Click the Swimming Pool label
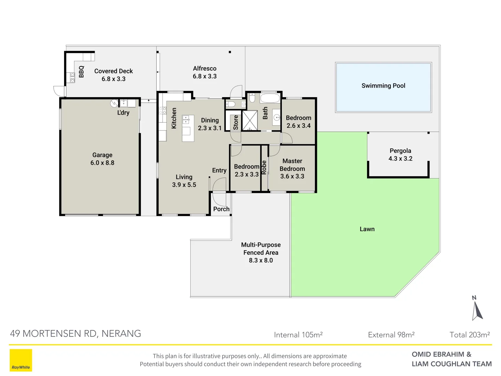point(383,86)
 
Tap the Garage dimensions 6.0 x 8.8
point(102,163)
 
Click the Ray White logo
point(21,360)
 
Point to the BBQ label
point(81,72)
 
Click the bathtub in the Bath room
point(270,98)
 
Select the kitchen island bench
point(188,128)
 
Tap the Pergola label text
point(400,151)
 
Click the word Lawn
point(367,229)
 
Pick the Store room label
point(236,122)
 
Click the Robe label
point(264,167)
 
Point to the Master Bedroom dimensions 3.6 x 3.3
point(292,177)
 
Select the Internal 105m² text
point(298,335)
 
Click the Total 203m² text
point(470,335)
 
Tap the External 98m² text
point(391,335)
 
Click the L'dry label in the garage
point(123,113)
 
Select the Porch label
point(221,209)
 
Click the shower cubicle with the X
point(250,120)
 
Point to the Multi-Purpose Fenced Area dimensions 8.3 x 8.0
point(261,260)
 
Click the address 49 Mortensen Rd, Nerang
point(75,334)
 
